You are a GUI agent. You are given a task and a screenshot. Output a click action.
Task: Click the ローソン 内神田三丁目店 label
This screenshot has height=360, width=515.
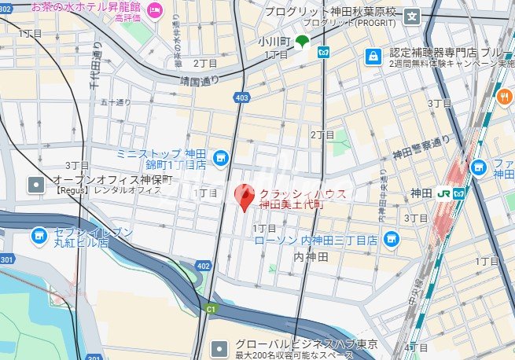click(316, 240)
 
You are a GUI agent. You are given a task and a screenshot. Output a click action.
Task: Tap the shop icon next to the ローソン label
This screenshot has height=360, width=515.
click(391, 239)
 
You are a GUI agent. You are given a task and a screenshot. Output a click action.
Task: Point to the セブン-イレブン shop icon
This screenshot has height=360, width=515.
click(38, 235)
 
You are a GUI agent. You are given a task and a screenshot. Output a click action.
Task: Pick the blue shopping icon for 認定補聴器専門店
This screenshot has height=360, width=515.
click(373, 57)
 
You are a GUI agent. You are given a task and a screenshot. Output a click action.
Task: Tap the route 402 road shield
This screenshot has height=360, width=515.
click(203, 266)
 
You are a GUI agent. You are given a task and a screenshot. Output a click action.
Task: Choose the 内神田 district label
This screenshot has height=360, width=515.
click(309, 257)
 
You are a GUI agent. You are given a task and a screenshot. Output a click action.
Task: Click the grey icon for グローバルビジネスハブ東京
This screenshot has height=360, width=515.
click(222, 346)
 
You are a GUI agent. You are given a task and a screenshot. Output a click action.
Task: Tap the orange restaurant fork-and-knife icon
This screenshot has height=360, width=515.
click(504, 97)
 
